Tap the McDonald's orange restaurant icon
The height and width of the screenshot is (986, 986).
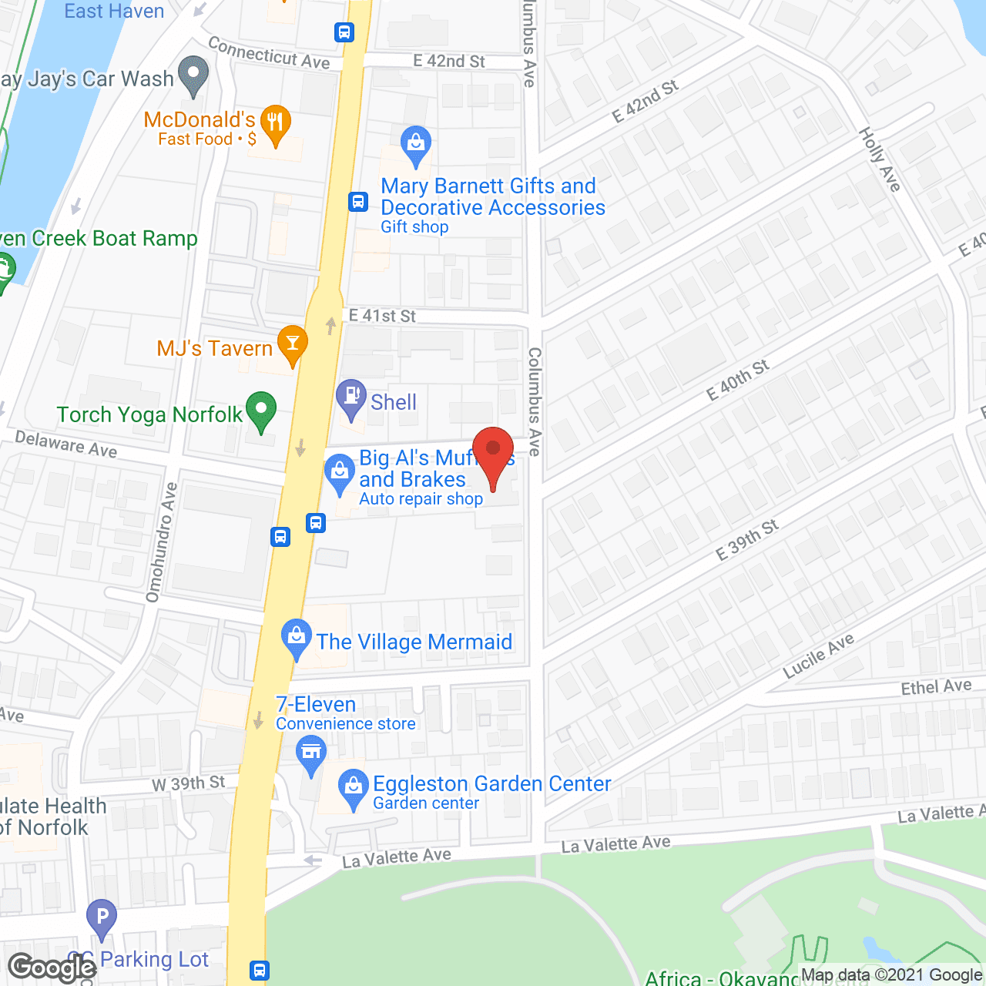pos(275,123)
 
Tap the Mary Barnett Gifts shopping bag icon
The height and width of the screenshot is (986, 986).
pos(416,144)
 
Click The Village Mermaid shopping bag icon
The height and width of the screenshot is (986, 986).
pos(296,637)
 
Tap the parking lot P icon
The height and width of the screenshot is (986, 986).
pos(102,917)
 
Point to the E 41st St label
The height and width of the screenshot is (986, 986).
pos(382,316)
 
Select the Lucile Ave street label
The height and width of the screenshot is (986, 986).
pos(818,656)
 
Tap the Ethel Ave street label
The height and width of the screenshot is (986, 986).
pos(936,686)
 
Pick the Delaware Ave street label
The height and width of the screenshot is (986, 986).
pos(66,444)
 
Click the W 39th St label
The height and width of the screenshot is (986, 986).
pos(189,783)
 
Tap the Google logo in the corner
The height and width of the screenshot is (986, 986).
pos(52,967)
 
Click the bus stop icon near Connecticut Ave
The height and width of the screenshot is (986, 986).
pos(344,32)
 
